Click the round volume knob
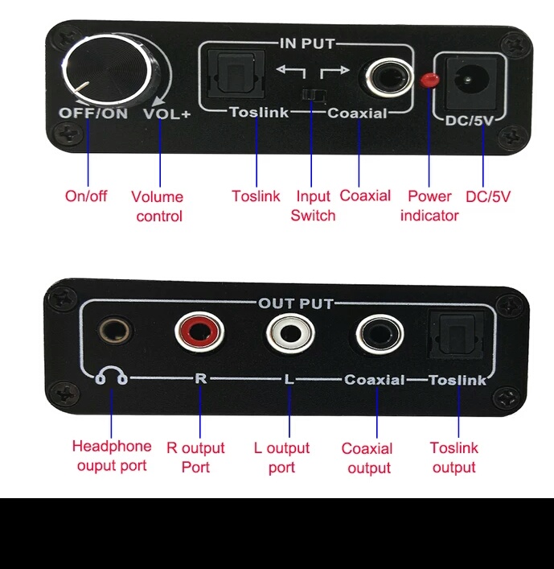[106, 69]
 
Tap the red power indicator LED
[429, 80]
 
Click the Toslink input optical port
[236, 74]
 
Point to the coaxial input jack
[389, 78]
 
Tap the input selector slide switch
[314, 95]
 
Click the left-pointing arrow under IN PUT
[291, 71]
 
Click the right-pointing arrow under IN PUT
[334, 72]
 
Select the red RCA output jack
[199, 332]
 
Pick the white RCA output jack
[290, 333]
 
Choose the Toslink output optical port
[457, 335]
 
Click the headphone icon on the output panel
[111, 375]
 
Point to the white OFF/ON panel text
[93, 113]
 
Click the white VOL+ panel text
[167, 114]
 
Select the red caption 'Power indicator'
[429, 206]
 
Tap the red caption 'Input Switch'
[313, 206]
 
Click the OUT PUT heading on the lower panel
[296, 303]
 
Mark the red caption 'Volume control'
[158, 207]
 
